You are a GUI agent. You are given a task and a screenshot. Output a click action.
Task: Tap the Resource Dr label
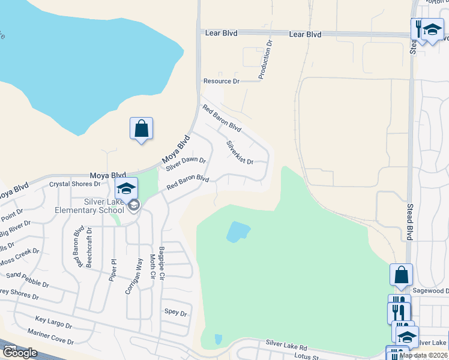(x=221, y=81)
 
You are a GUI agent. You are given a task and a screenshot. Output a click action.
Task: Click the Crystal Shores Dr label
(x=74, y=184)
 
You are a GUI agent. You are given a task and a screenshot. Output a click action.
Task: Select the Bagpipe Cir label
(x=161, y=260)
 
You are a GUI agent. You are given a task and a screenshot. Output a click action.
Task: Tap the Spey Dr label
(x=176, y=313)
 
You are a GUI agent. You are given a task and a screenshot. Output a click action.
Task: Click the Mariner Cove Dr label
(x=50, y=337)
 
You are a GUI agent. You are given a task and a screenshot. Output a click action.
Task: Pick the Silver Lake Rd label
(x=286, y=346)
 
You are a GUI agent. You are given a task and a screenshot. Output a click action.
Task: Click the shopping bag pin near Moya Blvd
(x=141, y=128)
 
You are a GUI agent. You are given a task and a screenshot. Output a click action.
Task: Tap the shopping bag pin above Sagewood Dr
(x=401, y=275)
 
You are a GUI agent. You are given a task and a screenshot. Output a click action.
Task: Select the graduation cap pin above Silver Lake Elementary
(x=127, y=188)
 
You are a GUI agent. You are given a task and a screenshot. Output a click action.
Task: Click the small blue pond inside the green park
(x=238, y=232)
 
